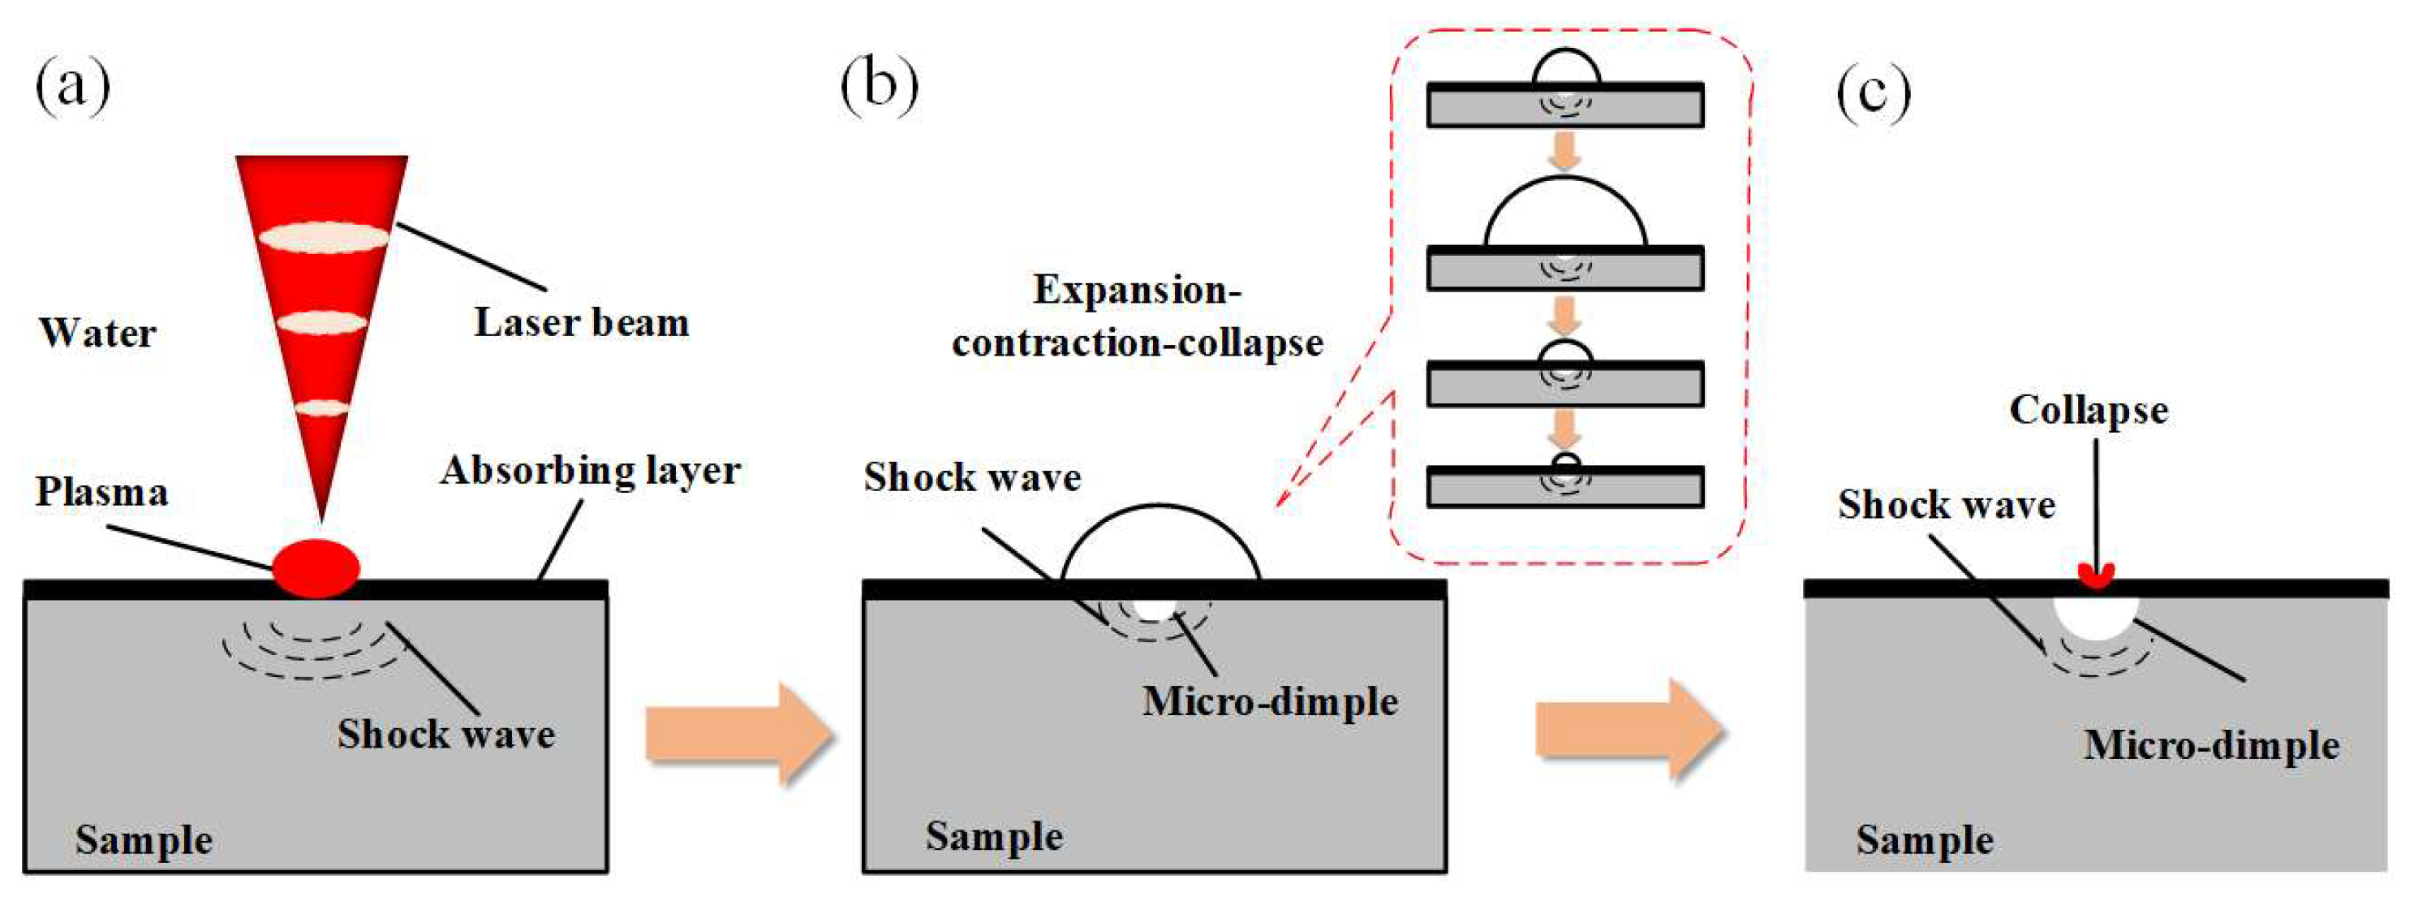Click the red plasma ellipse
coord(316,568)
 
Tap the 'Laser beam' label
coord(582,321)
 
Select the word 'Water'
coord(97,333)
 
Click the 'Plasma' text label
coord(102,492)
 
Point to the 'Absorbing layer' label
coord(591,471)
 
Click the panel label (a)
coord(73,86)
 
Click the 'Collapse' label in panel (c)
coord(2089,410)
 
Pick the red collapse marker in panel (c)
coord(2096,575)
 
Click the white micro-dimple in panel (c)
coord(2095,617)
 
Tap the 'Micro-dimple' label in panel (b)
coord(1270,702)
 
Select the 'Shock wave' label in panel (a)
coord(446,734)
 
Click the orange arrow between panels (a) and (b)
coord(740,734)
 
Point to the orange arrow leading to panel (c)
coord(1631,730)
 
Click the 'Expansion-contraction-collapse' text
coord(1137,316)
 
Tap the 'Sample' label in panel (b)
coord(994,836)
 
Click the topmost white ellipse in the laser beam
coord(323,237)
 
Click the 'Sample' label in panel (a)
coord(144,840)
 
